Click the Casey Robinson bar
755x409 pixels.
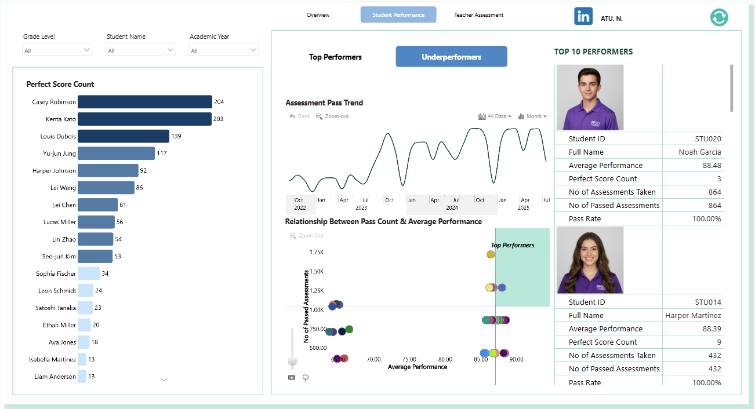pyautogui.click(x=145, y=101)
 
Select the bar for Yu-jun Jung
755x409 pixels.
pyautogui.click(x=117, y=153)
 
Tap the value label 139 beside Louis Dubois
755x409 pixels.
pyautogui.click(x=176, y=136)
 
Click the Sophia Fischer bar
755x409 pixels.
pyautogui.click(x=89, y=273)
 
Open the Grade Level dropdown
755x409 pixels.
pyautogui.click(x=57, y=50)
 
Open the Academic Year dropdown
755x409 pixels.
pyautogui.click(x=223, y=50)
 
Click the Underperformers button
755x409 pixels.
pyautogui.click(x=451, y=57)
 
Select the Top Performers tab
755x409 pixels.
pyautogui.click(x=335, y=57)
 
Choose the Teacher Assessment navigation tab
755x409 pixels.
pyautogui.click(x=478, y=15)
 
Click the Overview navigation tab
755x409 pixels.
pyautogui.click(x=318, y=15)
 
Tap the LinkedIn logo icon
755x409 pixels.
pyautogui.click(x=583, y=16)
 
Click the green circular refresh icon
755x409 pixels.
pyautogui.click(x=719, y=17)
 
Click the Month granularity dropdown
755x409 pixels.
pyautogui.click(x=532, y=116)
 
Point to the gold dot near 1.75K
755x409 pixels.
pyautogui.click(x=491, y=254)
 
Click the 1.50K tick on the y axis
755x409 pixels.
pyautogui.click(x=317, y=271)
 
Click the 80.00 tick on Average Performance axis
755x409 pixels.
pyautogui.click(x=445, y=359)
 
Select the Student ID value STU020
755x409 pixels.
pyautogui.click(x=708, y=138)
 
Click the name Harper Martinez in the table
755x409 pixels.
pyautogui.click(x=693, y=315)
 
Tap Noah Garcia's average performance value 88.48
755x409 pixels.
pyautogui.click(x=712, y=165)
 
